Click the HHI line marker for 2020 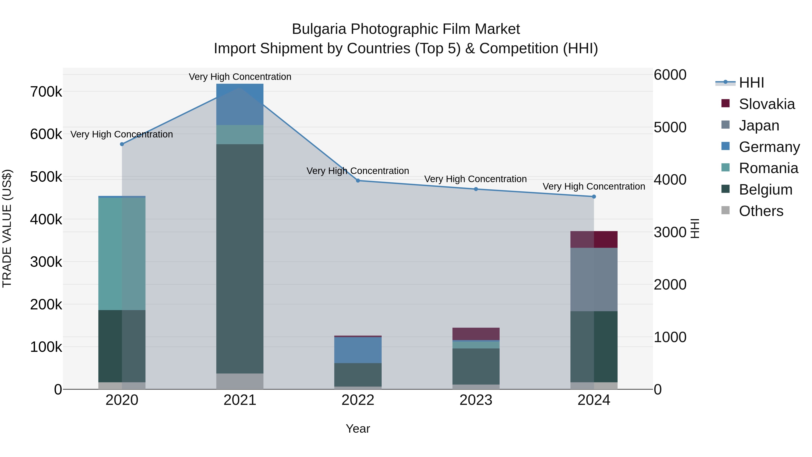click(x=122, y=144)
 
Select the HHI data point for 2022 click(x=358, y=181)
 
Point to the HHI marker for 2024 click(x=594, y=197)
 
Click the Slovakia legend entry click(x=767, y=104)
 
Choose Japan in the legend click(x=759, y=125)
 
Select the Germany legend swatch click(x=725, y=146)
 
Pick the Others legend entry click(x=761, y=211)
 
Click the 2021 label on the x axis click(x=240, y=400)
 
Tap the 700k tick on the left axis click(x=46, y=92)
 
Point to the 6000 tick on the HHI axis click(x=670, y=75)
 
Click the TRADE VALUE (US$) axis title click(x=7, y=228)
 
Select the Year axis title click(x=358, y=429)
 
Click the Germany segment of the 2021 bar click(x=240, y=104)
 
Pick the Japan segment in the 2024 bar click(x=594, y=279)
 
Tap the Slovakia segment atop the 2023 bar click(x=476, y=334)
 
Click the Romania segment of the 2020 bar click(x=122, y=254)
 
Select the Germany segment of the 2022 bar click(x=358, y=350)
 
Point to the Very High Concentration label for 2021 click(x=240, y=77)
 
